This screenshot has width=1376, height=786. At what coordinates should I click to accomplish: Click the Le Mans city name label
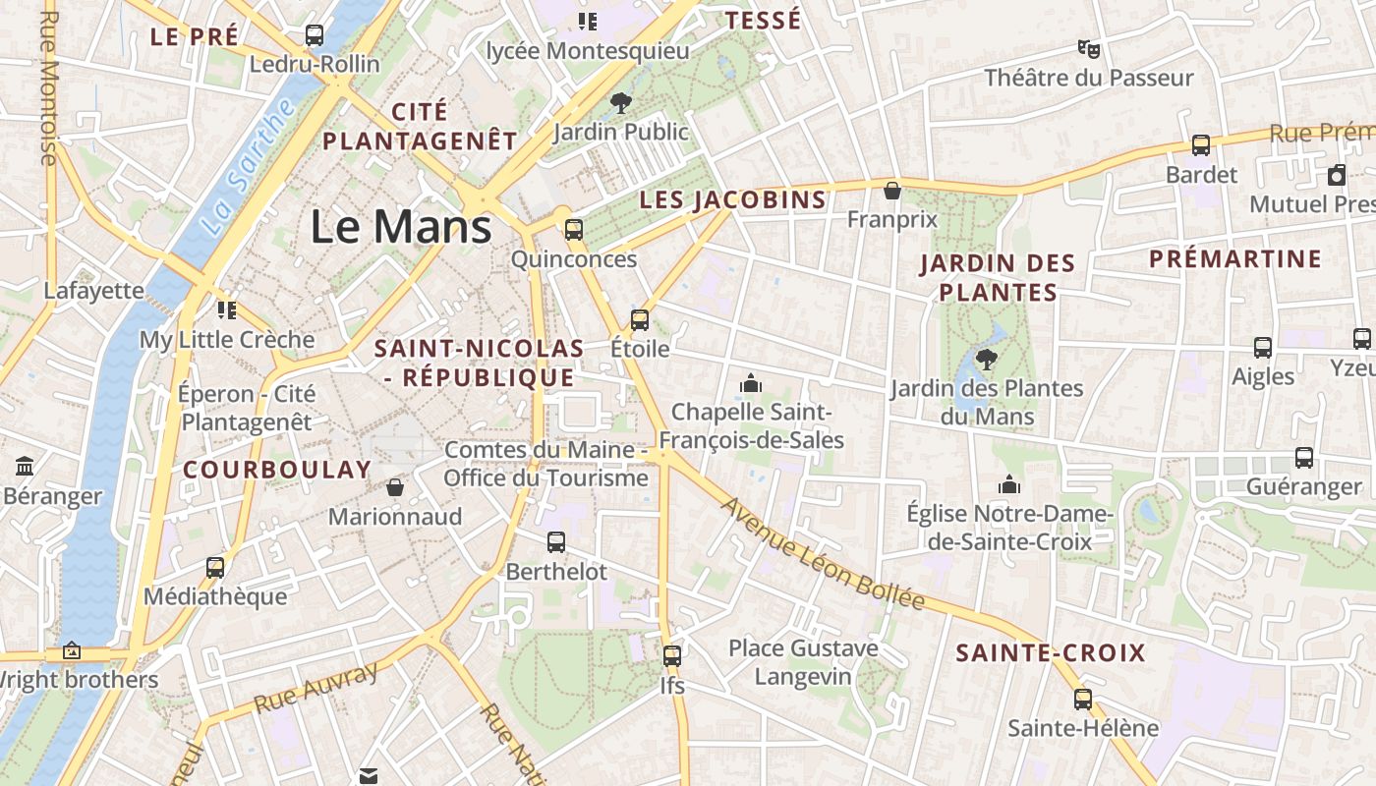click(401, 227)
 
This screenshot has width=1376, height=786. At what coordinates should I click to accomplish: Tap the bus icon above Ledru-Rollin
click(315, 35)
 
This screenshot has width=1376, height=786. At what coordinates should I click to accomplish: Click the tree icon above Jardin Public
click(620, 101)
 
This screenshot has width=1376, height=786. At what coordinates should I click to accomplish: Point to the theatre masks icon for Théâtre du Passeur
click(1088, 48)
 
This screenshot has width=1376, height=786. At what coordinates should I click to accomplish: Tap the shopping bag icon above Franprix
click(892, 190)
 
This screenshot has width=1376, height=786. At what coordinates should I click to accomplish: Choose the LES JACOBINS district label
click(732, 200)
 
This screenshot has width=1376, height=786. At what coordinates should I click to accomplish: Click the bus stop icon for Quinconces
click(573, 230)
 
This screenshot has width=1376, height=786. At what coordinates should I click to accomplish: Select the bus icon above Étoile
click(640, 319)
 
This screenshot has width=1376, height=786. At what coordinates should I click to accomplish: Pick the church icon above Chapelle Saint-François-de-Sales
click(751, 382)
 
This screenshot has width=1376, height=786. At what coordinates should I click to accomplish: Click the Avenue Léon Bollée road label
click(824, 553)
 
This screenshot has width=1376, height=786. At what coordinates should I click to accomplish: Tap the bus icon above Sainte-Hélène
click(1082, 700)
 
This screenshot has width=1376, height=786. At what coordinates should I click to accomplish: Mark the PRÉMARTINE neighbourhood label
click(1235, 259)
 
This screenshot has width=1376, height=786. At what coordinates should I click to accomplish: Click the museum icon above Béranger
click(26, 466)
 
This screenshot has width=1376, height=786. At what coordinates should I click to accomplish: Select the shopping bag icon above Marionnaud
click(394, 487)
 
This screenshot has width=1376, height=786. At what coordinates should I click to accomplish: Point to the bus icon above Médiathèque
click(215, 567)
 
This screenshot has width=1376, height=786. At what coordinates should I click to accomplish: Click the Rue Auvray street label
click(315, 688)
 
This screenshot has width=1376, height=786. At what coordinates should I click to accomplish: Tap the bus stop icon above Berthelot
click(556, 541)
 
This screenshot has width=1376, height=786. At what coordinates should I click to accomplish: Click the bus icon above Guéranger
click(1304, 457)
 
